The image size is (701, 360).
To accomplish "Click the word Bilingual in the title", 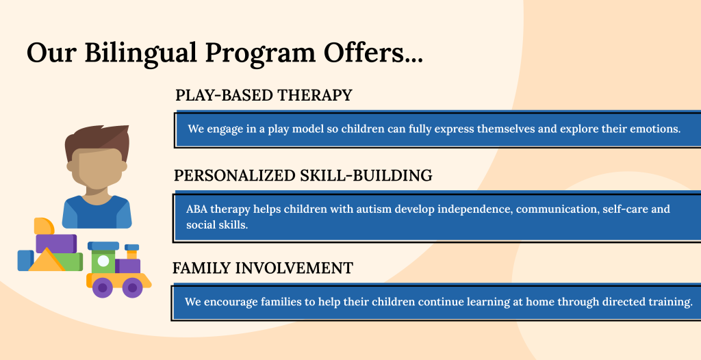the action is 140,53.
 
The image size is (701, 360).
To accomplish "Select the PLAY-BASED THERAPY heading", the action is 264,95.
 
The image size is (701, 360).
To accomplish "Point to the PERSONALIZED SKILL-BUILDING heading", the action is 303,175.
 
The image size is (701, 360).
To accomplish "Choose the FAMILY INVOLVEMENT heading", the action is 263,268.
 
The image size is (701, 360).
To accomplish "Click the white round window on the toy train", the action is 103,261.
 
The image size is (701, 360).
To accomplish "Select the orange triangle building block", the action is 46,260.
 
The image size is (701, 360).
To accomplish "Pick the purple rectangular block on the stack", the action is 56,243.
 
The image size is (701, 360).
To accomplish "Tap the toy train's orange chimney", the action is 132,255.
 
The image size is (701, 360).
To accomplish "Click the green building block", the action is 71,262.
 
